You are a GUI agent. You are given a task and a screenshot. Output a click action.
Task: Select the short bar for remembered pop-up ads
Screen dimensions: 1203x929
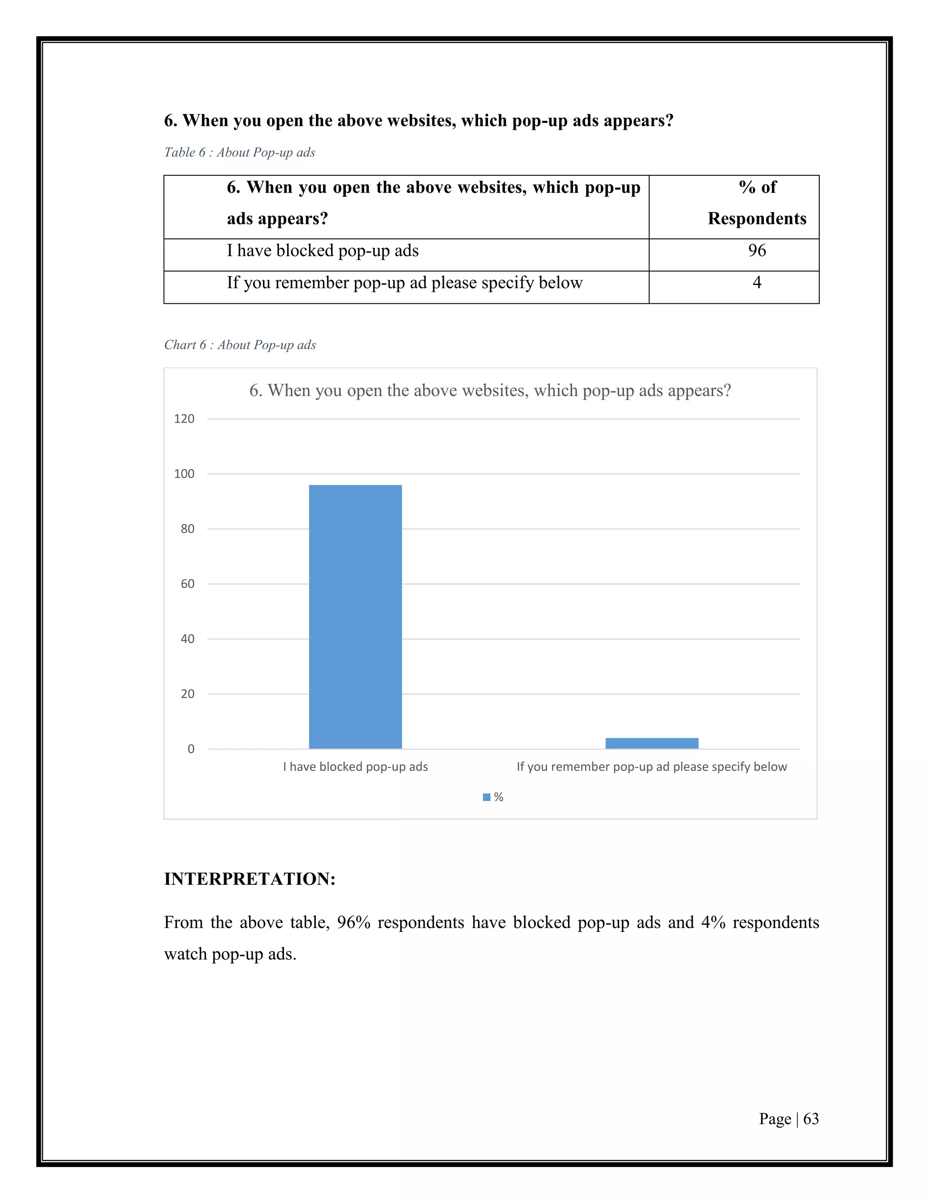[x=652, y=743]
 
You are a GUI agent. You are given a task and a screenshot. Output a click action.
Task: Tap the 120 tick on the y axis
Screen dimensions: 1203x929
[x=184, y=419]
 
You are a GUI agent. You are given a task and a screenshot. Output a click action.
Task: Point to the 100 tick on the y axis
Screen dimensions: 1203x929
[x=184, y=473]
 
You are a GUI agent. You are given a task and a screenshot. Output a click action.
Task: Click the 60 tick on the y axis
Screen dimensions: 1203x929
[x=188, y=584]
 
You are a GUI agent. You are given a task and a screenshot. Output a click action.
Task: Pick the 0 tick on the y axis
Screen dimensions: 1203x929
[x=191, y=749]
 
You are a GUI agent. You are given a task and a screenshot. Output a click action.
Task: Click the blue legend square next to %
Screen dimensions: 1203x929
[x=487, y=797]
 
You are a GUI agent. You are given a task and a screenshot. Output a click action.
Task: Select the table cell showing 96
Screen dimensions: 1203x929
[x=757, y=251]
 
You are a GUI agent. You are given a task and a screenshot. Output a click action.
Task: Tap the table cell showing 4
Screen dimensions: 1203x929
[x=757, y=282]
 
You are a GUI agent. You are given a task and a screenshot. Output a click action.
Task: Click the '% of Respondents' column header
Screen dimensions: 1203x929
[x=757, y=203]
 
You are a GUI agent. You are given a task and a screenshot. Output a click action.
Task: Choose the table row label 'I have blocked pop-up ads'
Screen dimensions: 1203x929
[x=323, y=251]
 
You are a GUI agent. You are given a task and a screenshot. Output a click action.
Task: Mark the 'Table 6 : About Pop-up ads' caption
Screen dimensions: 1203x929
[x=240, y=153]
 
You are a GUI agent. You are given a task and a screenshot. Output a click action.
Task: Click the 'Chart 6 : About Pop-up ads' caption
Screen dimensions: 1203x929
[x=240, y=345]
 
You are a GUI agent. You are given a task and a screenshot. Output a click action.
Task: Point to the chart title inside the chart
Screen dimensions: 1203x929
[x=490, y=390]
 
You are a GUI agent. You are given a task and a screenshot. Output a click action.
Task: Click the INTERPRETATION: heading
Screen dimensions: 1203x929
[x=250, y=878]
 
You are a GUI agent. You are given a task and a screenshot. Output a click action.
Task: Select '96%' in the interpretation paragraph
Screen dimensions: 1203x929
[x=354, y=922]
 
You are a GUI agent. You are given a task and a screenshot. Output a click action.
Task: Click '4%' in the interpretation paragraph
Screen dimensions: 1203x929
[x=713, y=922]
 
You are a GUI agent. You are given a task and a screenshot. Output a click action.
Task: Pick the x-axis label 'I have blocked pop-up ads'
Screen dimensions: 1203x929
[x=356, y=767]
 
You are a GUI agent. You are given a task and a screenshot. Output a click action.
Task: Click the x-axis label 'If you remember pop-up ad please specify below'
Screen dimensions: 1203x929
[x=652, y=767]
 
